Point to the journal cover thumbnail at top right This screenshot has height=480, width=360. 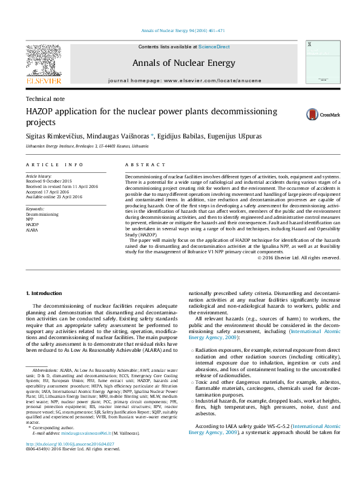click(x=319, y=63)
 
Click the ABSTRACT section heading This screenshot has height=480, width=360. click(x=145, y=164)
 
